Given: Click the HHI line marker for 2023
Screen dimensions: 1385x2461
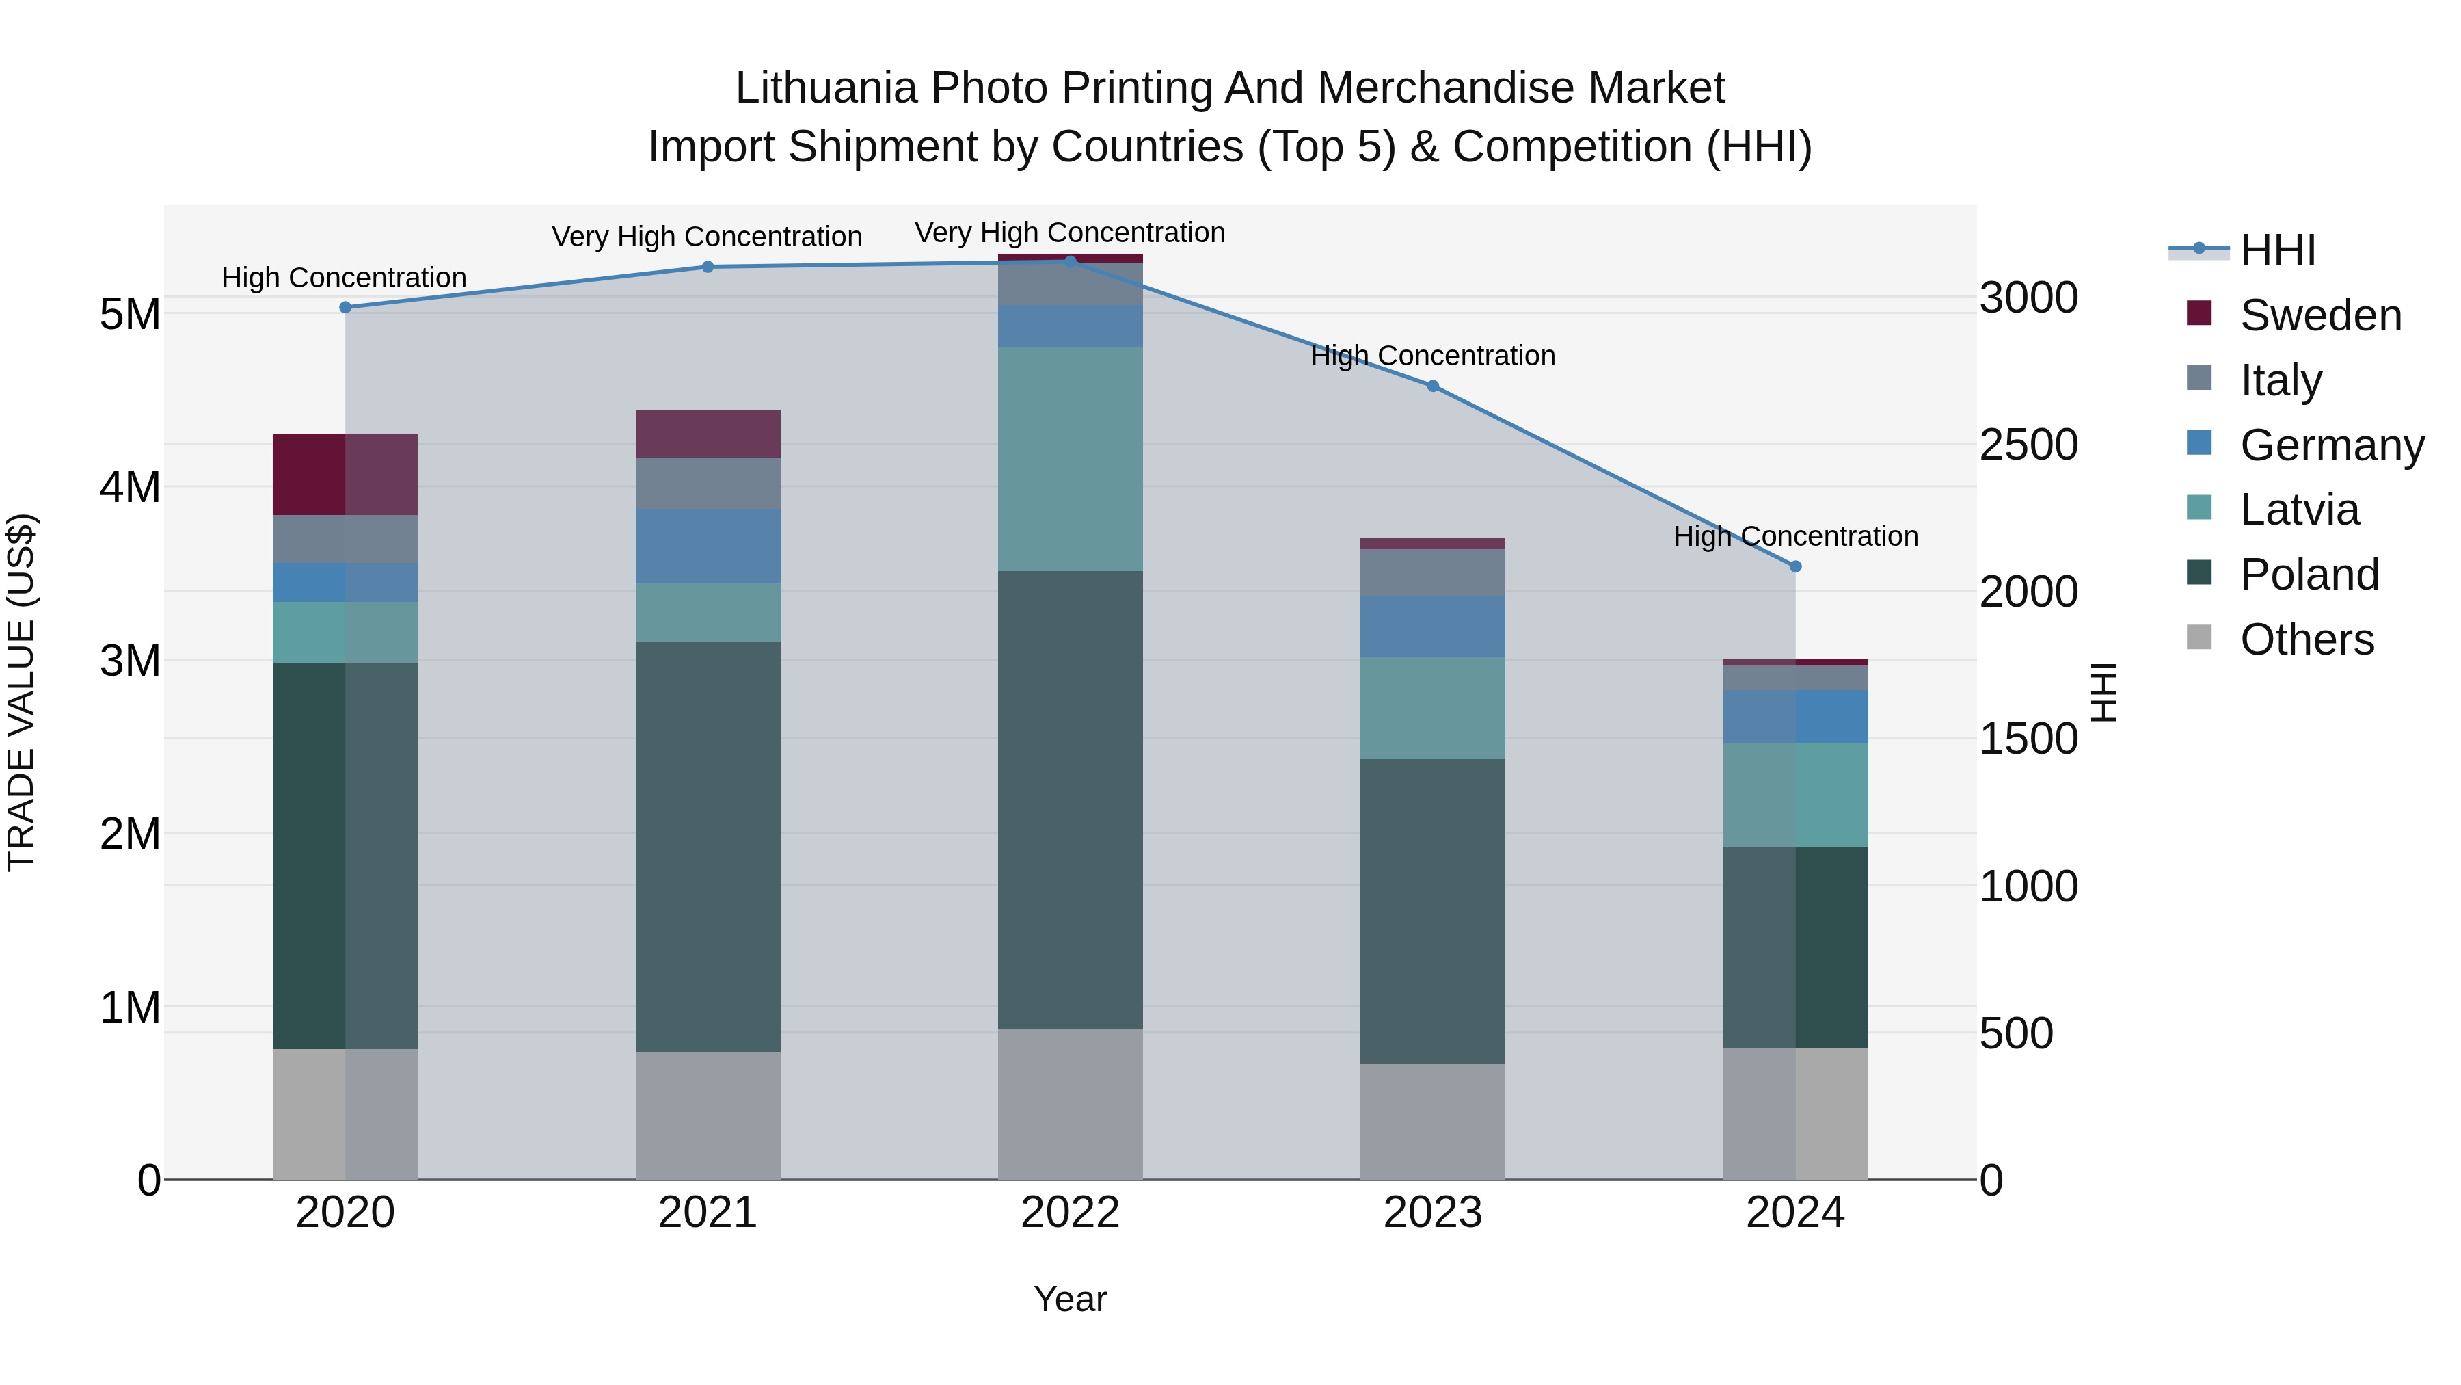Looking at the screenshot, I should click(x=1432, y=386).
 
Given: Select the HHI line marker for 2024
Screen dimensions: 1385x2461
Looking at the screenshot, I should click(x=1795, y=567).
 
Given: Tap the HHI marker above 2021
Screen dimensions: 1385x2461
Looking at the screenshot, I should click(x=708, y=267).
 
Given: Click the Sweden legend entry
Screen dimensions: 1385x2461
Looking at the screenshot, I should click(x=2319, y=315).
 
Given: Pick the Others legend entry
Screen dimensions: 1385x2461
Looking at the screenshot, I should click(x=2307, y=639).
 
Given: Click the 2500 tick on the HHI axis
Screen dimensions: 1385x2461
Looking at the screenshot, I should click(x=2028, y=445).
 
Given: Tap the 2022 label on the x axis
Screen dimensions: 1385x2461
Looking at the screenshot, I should click(x=1070, y=1213).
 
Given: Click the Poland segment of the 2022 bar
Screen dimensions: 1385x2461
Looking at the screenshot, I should click(x=1070, y=800).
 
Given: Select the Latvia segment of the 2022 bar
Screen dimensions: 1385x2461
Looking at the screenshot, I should click(x=1070, y=459).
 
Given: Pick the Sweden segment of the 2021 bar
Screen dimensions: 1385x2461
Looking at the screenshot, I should click(x=708, y=434).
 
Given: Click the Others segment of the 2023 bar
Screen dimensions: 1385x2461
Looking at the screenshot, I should click(x=1432, y=1120).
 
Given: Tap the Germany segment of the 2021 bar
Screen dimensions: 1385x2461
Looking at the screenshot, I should click(x=708, y=546).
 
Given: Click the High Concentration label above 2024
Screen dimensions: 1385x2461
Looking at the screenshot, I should click(x=1795, y=536).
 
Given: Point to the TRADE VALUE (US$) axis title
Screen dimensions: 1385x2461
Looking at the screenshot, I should click(x=21, y=692).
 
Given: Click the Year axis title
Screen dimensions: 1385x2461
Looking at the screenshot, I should click(x=1070, y=1299).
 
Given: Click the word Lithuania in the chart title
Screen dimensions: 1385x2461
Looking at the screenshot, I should click(x=826, y=88).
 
